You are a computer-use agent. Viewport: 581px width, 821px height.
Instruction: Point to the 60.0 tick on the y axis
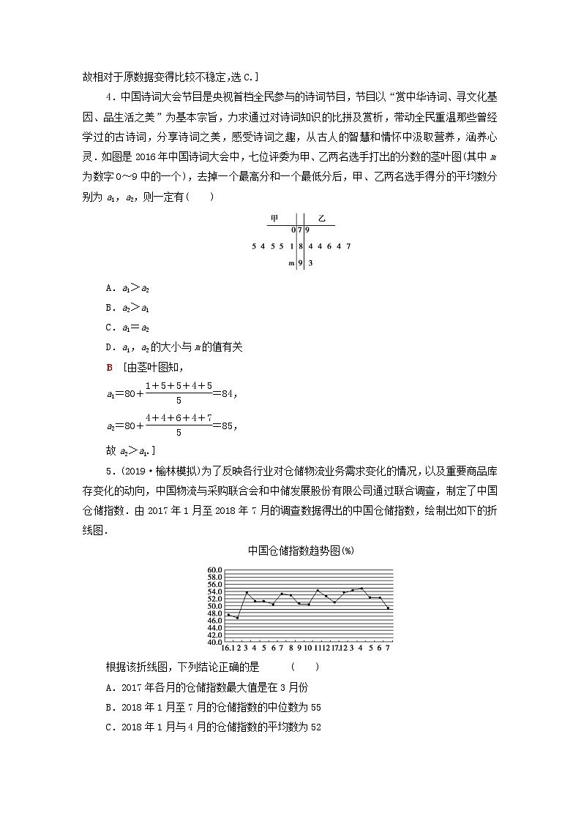214,570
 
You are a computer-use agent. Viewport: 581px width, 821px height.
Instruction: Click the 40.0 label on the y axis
214,643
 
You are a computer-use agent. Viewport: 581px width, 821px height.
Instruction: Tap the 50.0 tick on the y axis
214,606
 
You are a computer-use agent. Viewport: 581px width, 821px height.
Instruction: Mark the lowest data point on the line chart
237,618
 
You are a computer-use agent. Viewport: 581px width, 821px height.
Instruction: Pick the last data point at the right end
388,608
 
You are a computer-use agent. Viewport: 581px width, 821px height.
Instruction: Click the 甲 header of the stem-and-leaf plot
274,219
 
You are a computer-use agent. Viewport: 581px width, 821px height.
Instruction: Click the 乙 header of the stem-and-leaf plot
321,219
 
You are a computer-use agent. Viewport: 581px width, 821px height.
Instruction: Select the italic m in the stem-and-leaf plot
290,263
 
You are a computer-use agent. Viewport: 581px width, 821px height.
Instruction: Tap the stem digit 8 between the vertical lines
300,246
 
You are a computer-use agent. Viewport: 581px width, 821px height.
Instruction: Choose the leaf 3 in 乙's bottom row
310,263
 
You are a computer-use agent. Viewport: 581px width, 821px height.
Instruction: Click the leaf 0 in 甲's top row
292,230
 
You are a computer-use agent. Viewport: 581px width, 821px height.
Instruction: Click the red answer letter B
109,366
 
